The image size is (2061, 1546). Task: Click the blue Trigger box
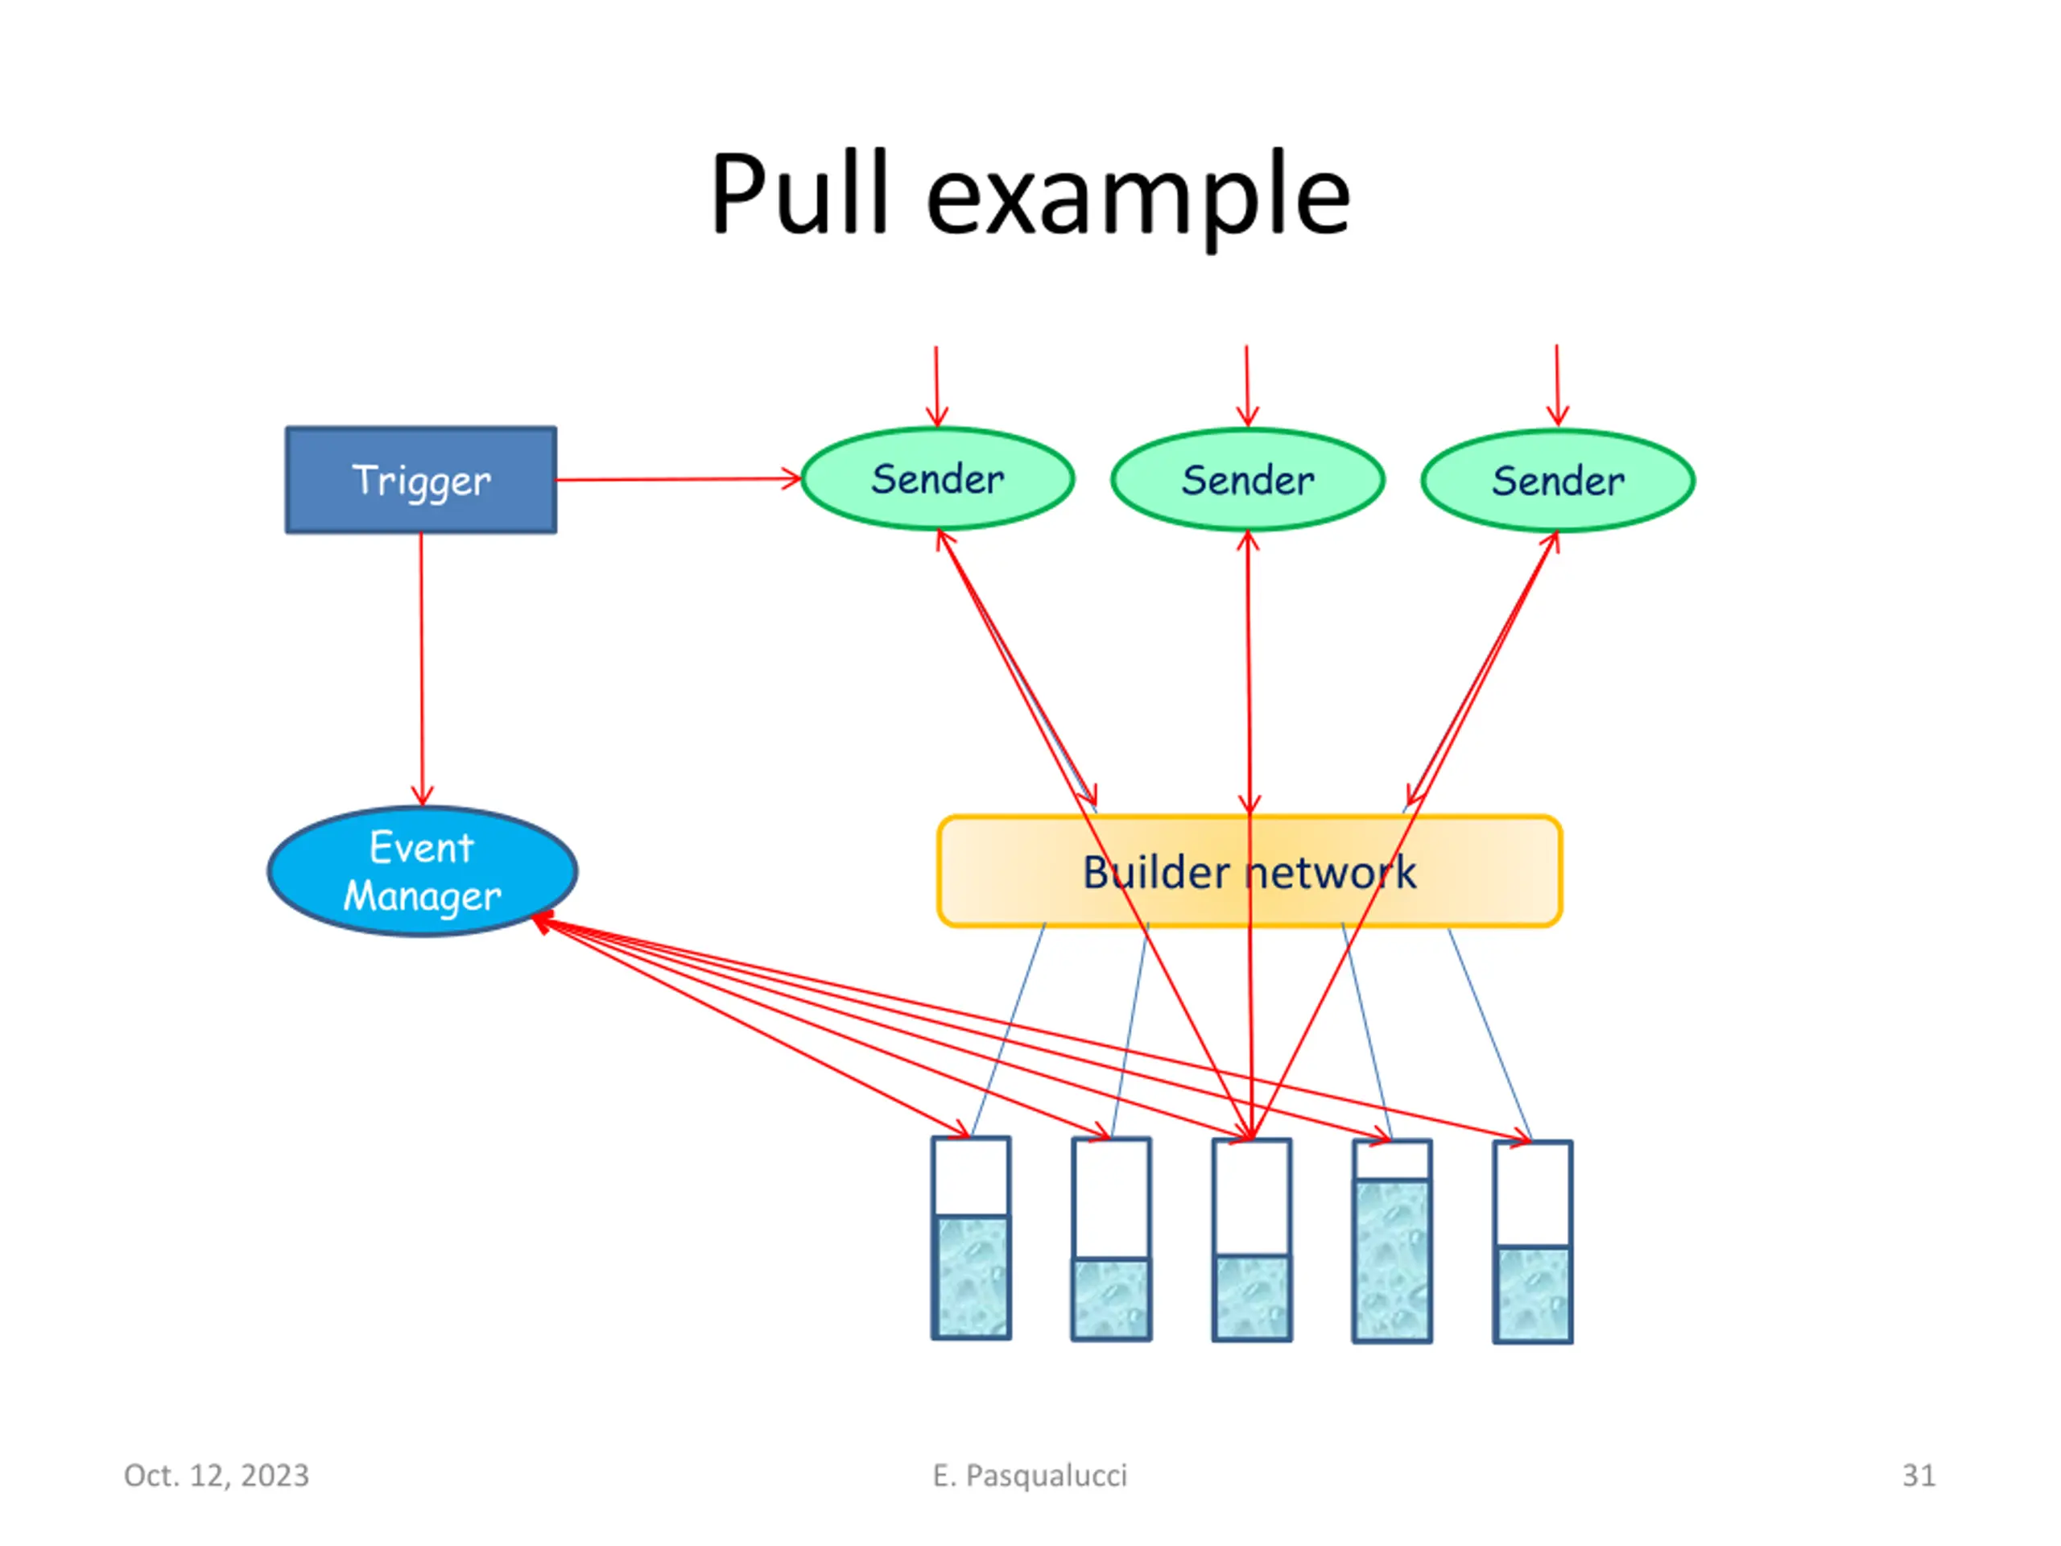pos(421,480)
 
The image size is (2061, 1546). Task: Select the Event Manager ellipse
pos(422,871)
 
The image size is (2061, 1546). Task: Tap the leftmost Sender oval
pos(937,479)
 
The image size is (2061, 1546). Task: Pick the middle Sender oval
pos(1248,480)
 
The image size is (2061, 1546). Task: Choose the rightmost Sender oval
pos(1558,481)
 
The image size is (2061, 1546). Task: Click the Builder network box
pos(1249,871)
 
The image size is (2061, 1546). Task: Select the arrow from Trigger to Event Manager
pos(421,669)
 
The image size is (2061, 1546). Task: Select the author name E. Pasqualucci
pos(1030,1476)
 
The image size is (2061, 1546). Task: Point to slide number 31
pos(1919,1475)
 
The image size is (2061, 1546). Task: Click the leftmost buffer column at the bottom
pos(971,1238)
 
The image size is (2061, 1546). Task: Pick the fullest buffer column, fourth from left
pos(1392,1240)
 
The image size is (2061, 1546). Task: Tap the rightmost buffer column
pos(1533,1242)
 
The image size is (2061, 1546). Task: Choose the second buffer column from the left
pos(1112,1238)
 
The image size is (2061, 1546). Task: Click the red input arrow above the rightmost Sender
pos(1557,386)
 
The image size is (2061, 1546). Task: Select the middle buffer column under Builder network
pos(1251,1239)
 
